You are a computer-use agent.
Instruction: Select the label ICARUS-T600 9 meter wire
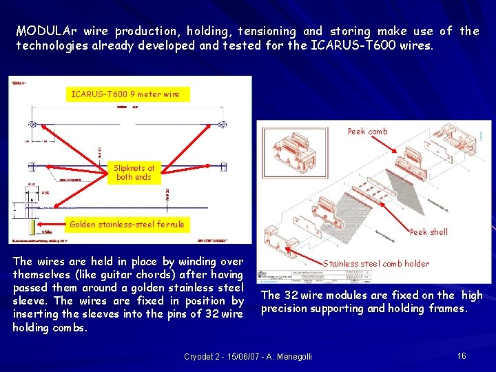click(125, 94)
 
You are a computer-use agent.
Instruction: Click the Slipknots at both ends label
click(134, 172)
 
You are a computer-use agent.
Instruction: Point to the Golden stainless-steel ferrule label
click(127, 224)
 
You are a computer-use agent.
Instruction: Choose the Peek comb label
click(367, 131)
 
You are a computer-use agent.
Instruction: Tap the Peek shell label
click(428, 232)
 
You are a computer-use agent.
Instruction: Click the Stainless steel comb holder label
click(376, 263)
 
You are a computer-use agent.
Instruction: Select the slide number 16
click(462, 355)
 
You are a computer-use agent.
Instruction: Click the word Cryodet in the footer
click(200, 356)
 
